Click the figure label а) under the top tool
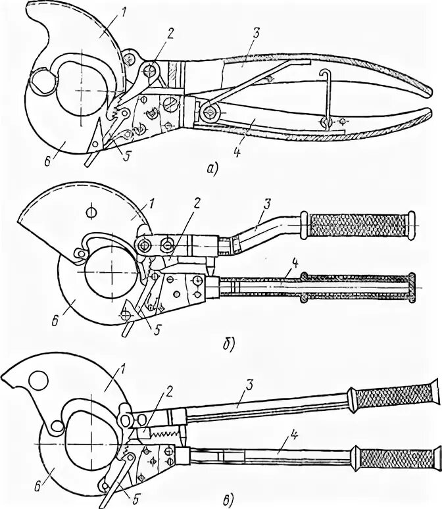(x=212, y=169)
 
